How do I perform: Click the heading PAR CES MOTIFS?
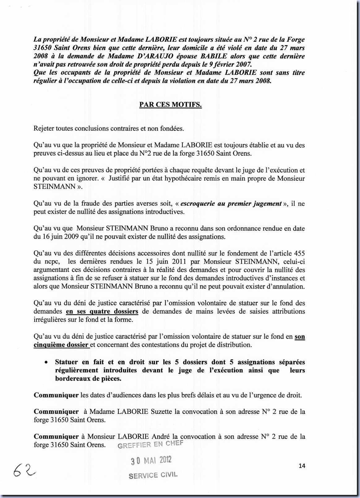[170, 105]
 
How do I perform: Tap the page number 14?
[302, 466]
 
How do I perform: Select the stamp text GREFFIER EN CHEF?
[150, 444]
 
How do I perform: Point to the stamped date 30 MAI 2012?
[151, 460]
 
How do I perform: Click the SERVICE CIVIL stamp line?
[153, 475]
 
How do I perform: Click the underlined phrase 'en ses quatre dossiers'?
[102, 311]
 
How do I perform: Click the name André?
[161, 437]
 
